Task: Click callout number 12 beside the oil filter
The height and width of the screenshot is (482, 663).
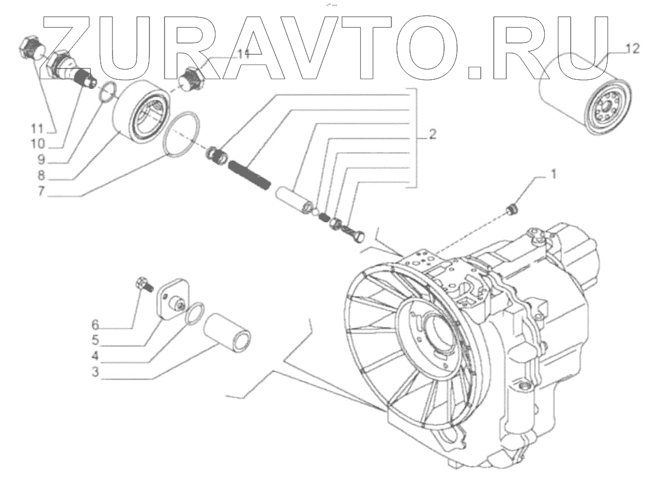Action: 633,49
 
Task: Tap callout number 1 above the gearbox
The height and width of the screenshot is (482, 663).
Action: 553,174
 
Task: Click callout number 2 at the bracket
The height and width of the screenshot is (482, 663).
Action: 432,134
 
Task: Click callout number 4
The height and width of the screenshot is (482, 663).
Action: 96,356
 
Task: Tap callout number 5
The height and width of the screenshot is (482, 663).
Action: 96,341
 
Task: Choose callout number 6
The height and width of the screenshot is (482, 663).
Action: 95,324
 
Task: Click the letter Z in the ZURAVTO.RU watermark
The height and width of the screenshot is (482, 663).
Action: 71,46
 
